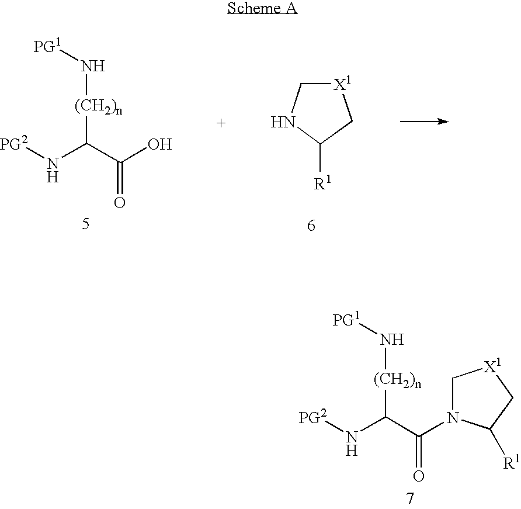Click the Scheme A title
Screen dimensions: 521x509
tap(262, 8)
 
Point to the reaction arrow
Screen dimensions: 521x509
tap(423, 122)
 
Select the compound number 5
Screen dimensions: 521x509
tap(86, 224)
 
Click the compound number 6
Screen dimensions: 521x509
tap(311, 225)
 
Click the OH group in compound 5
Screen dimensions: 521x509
tap(159, 144)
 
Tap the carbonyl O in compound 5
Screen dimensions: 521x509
tap(120, 203)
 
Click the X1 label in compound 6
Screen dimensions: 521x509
tap(342, 86)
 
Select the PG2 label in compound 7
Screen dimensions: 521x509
tap(314, 417)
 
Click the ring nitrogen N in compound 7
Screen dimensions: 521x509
tap(450, 417)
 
